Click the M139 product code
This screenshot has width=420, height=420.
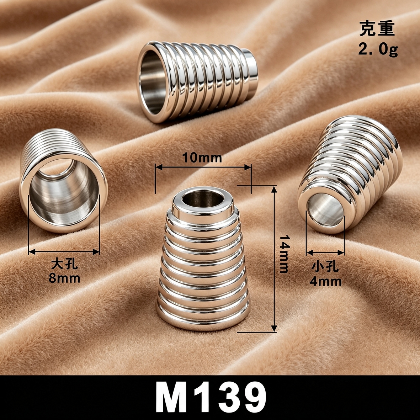click(211, 398)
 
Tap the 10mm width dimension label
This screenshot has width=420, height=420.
click(202, 158)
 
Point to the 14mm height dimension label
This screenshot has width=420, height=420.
click(284, 254)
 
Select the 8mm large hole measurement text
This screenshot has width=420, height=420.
click(65, 278)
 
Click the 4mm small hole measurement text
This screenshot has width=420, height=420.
click(325, 282)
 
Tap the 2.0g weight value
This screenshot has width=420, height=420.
click(378, 49)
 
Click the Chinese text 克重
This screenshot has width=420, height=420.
click(377, 28)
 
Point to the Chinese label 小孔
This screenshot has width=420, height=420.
click(325, 267)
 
